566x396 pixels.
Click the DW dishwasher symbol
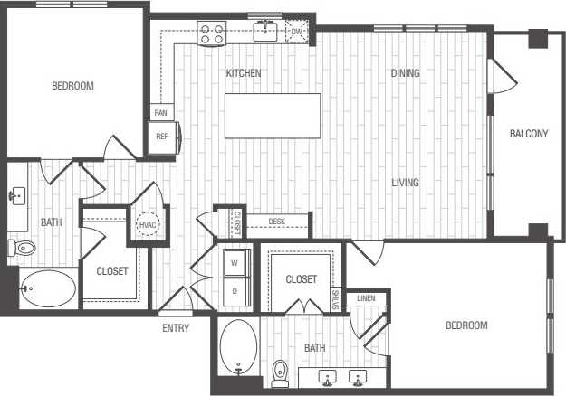295,33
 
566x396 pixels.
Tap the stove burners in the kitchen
211,33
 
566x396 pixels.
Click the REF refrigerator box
163,137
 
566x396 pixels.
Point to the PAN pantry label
161,113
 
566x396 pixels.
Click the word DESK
276,222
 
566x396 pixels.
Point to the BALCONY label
529,135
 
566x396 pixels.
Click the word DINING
405,73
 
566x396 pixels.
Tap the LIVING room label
405,183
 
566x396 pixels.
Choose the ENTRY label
176,328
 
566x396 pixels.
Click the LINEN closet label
366,298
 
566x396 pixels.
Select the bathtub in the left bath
47,288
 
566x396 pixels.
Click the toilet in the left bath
24,247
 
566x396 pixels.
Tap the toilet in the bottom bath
280,372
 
